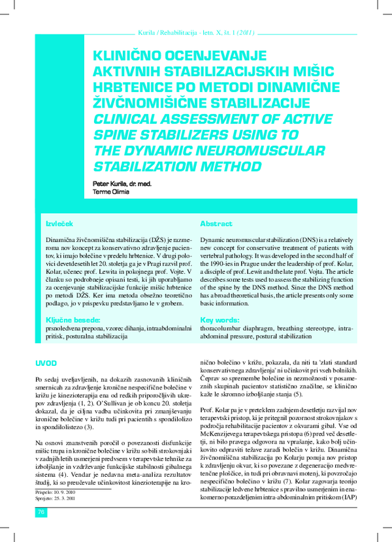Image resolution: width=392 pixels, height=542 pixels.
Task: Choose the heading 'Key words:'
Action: (220, 320)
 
